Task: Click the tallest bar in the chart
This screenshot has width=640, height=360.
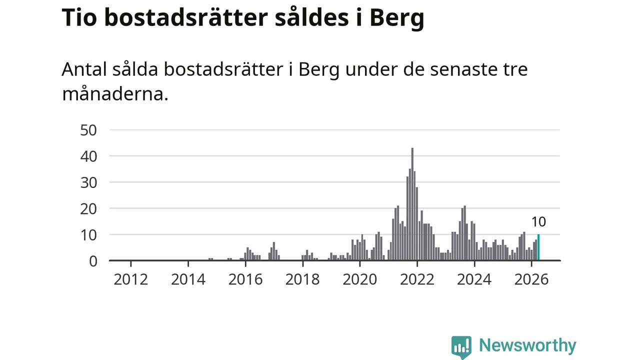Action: click(x=412, y=204)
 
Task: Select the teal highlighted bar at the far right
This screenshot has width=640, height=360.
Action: click(x=538, y=247)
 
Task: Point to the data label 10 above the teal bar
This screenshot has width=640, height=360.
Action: click(x=538, y=222)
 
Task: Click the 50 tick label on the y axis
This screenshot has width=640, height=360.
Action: click(x=88, y=130)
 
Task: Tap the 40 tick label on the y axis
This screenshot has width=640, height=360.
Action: click(x=88, y=156)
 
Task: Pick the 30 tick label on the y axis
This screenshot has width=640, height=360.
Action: click(x=88, y=183)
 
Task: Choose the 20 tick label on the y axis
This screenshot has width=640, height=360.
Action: click(x=88, y=209)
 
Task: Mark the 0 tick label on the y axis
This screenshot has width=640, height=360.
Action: click(x=93, y=261)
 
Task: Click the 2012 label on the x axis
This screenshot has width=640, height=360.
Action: click(x=131, y=279)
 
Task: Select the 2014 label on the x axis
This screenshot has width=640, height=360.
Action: click(x=188, y=279)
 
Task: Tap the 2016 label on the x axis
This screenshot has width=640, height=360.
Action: click(x=245, y=279)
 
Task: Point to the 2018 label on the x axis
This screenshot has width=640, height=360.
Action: click(x=302, y=279)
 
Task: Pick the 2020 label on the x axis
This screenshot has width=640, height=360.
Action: click(x=359, y=279)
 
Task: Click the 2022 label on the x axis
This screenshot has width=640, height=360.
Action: click(x=417, y=279)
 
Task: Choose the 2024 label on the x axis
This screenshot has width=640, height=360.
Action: click(x=474, y=279)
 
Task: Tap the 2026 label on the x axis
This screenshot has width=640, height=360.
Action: click(x=531, y=279)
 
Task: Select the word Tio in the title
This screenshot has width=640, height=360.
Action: click(x=79, y=17)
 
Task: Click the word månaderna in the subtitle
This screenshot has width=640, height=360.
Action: click(x=115, y=93)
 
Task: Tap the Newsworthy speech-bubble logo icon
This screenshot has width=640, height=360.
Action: click(x=461, y=347)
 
